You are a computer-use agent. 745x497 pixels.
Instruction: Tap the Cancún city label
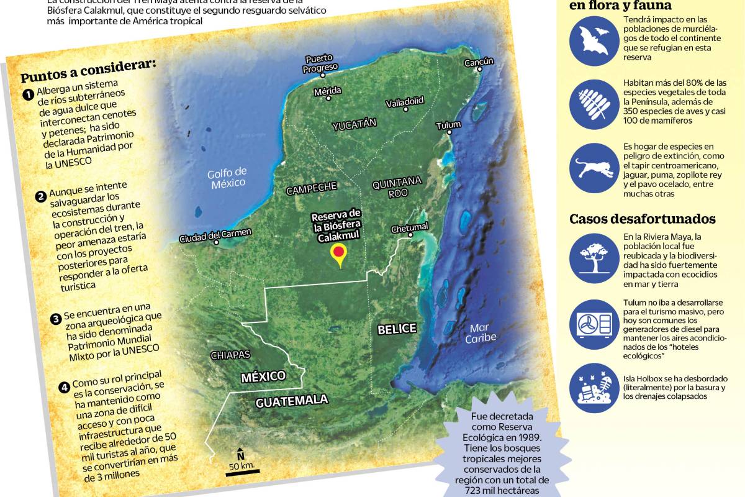(479, 62)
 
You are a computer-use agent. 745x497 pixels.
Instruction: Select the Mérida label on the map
(327, 91)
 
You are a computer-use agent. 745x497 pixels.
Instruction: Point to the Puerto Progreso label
(320, 63)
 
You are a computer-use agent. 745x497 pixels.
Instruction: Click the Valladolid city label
(404, 101)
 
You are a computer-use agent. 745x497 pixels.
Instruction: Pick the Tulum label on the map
(448, 125)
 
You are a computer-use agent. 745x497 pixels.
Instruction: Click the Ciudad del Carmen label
(215, 235)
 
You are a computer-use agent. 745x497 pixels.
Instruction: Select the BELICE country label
(397, 329)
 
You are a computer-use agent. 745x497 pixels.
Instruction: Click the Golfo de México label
(227, 177)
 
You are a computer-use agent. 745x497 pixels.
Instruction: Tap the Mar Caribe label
(482, 332)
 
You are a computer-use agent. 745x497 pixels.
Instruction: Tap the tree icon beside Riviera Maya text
(594, 259)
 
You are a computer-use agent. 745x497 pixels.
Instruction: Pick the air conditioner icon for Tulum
(594, 324)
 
